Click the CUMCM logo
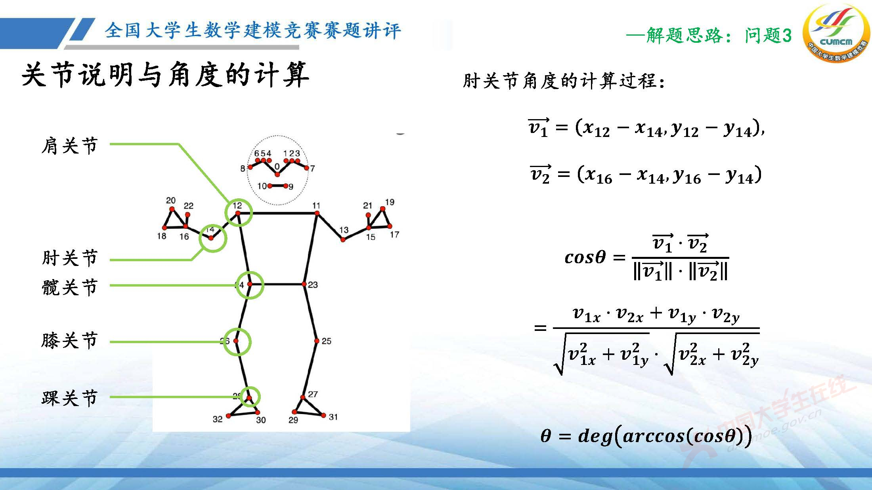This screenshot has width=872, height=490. pyautogui.click(x=836, y=33)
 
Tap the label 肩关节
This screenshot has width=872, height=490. pyautogui.click(x=70, y=146)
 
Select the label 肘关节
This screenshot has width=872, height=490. pyautogui.click(x=70, y=258)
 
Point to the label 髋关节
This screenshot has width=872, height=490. pyautogui.click(x=70, y=287)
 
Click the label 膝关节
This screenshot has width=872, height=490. pyautogui.click(x=70, y=340)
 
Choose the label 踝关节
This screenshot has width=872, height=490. pyautogui.click(x=70, y=398)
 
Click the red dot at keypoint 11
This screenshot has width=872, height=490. pyautogui.click(x=317, y=213)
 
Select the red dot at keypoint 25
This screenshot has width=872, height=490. pyautogui.click(x=317, y=341)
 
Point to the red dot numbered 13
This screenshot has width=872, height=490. pyautogui.click(x=343, y=239)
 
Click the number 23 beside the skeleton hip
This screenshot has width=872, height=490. pyautogui.click(x=313, y=285)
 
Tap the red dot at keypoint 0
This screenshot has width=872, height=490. pyautogui.click(x=277, y=174)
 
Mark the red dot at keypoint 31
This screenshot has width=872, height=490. pyautogui.click(x=323, y=415)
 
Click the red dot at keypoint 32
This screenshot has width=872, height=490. pyautogui.click(x=228, y=416)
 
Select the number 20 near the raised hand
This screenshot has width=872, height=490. pyautogui.click(x=171, y=200)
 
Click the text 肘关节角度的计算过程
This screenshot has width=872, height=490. pyautogui.click(x=563, y=81)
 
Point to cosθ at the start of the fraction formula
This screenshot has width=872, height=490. pyautogui.click(x=585, y=258)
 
